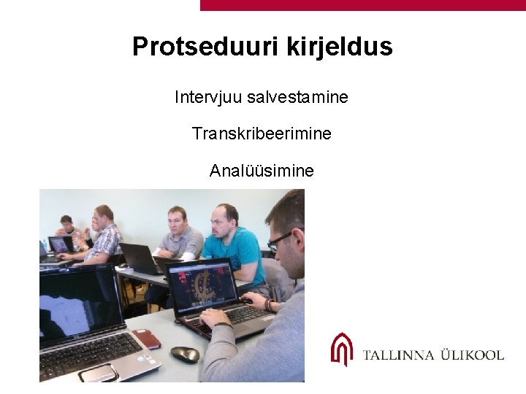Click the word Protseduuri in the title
click(194, 47)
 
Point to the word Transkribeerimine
click(262, 134)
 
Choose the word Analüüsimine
click(262, 171)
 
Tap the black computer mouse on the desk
click(185, 354)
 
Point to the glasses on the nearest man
click(281, 241)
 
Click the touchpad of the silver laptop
click(98, 373)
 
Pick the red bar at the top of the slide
click(362, 5)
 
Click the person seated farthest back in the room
click(66, 225)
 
